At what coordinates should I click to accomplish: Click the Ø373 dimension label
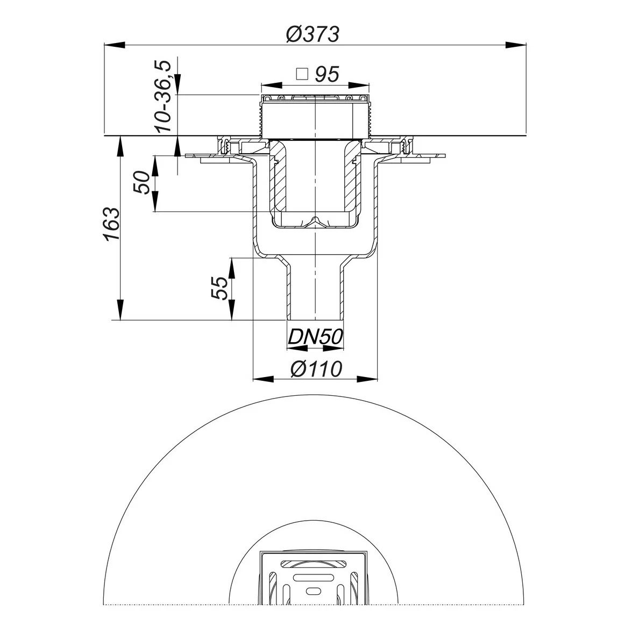coord(313,34)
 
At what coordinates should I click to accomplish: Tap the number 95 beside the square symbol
coord(327,74)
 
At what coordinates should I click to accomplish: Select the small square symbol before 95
coord(302,74)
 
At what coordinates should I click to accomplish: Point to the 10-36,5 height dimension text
coord(163,96)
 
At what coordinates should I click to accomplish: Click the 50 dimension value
coord(142,182)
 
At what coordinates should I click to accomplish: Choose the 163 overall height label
coord(112,224)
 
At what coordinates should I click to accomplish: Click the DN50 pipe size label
coord(315,337)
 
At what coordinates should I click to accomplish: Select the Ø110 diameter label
coord(316,369)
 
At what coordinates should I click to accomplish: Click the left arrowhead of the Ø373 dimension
coord(115,45)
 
